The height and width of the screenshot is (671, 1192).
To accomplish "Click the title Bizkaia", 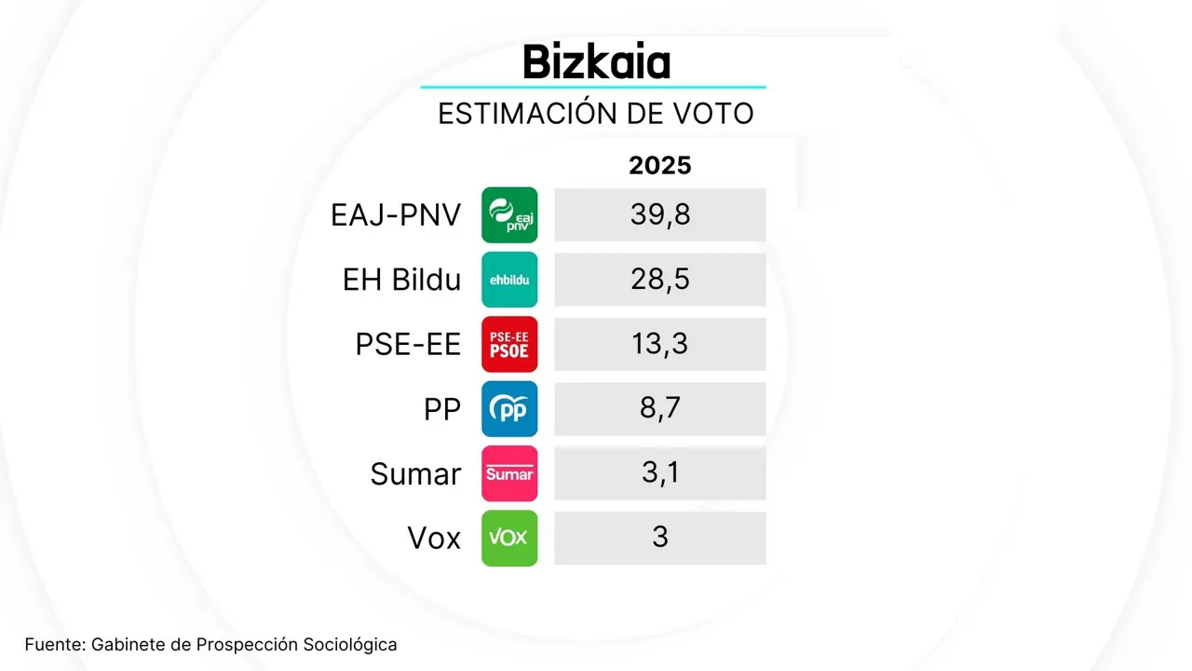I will tap(596, 62).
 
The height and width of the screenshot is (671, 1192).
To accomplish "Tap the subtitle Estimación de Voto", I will tap(595, 114).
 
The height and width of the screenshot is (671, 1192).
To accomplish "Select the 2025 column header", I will tap(660, 166).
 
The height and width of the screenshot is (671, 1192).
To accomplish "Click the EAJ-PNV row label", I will tap(396, 215).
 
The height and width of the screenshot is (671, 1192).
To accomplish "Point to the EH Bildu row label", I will tap(401, 280).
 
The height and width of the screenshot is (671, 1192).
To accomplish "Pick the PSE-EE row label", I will tap(408, 345).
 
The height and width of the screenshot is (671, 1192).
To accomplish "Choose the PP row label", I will tap(442, 409).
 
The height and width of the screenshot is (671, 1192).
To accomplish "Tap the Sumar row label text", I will tap(415, 473).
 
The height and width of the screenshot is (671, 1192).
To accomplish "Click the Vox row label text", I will tap(434, 538).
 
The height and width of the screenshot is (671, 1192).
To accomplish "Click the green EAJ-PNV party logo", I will tap(509, 215).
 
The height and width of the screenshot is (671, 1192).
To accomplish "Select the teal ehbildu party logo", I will tap(509, 280).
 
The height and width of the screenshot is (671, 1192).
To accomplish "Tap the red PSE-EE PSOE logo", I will tap(509, 345).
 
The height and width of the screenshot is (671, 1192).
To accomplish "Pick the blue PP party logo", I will tap(509, 409).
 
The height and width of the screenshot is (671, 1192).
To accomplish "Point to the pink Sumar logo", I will tap(509, 473).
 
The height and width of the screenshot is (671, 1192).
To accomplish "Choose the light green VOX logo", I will tap(509, 538).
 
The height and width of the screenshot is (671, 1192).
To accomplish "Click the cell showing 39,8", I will tap(660, 215).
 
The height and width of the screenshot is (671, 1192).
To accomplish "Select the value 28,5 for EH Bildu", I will tap(660, 280).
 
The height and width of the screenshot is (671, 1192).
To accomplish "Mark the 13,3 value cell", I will tap(660, 345).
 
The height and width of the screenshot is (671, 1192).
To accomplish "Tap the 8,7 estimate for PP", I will tap(660, 409).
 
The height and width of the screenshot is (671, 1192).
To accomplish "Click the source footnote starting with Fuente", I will tap(211, 644).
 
